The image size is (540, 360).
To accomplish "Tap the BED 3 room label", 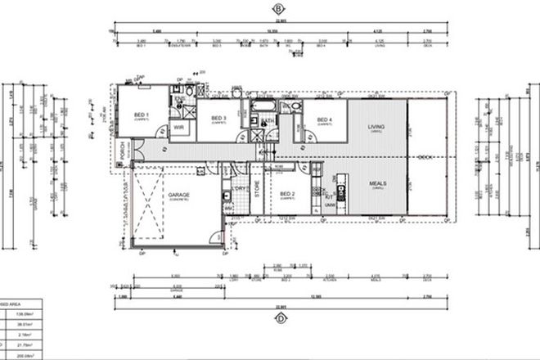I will click(218, 119).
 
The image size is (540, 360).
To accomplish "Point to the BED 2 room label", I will click(287, 195).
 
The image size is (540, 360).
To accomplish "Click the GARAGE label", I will click(179, 196).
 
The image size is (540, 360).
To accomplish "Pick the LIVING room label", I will click(376, 127).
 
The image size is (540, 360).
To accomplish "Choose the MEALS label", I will click(377, 184).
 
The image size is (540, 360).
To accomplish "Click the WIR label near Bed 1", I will click(178, 128).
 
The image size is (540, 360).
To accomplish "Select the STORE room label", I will click(257, 196).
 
